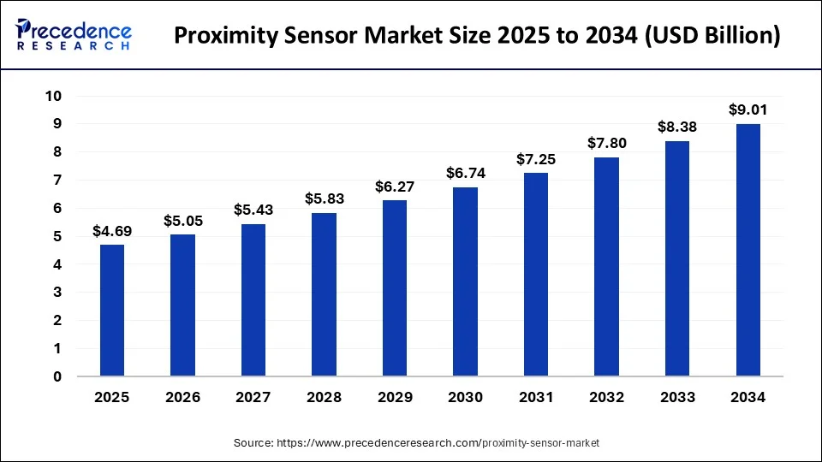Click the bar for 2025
point(112,311)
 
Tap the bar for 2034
point(748,250)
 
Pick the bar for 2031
point(536,275)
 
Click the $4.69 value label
point(112,232)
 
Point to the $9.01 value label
point(748,110)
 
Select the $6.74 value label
point(465,174)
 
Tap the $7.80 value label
point(606,144)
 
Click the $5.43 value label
point(253,210)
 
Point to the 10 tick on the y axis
point(54,96)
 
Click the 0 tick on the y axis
point(57,376)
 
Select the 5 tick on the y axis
point(57,236)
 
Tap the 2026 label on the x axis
point(182,398)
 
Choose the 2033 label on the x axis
point(676,398)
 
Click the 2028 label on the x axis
point(324,398)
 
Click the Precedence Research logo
point(74,35)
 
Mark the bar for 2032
point(606,267)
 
